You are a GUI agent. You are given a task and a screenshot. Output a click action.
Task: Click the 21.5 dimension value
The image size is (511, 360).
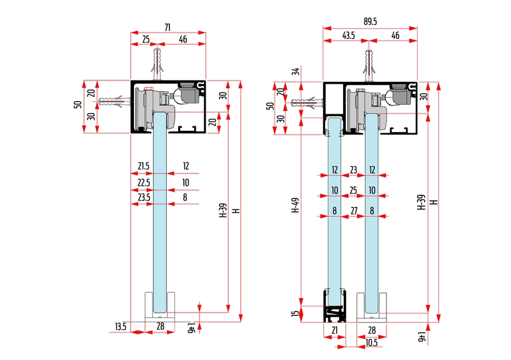tap(144, 166)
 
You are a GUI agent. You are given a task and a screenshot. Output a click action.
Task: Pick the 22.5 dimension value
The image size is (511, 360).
tap(144, 182)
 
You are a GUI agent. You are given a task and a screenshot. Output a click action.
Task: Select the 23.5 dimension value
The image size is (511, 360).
tap(144, 198)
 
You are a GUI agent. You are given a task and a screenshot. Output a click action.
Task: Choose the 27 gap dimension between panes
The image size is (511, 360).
tap(354, 210)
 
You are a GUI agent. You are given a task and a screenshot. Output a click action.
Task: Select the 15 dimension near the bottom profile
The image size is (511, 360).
tap(295, 313)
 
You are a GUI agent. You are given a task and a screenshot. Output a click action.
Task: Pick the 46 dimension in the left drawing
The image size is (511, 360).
tap(183, 40)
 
